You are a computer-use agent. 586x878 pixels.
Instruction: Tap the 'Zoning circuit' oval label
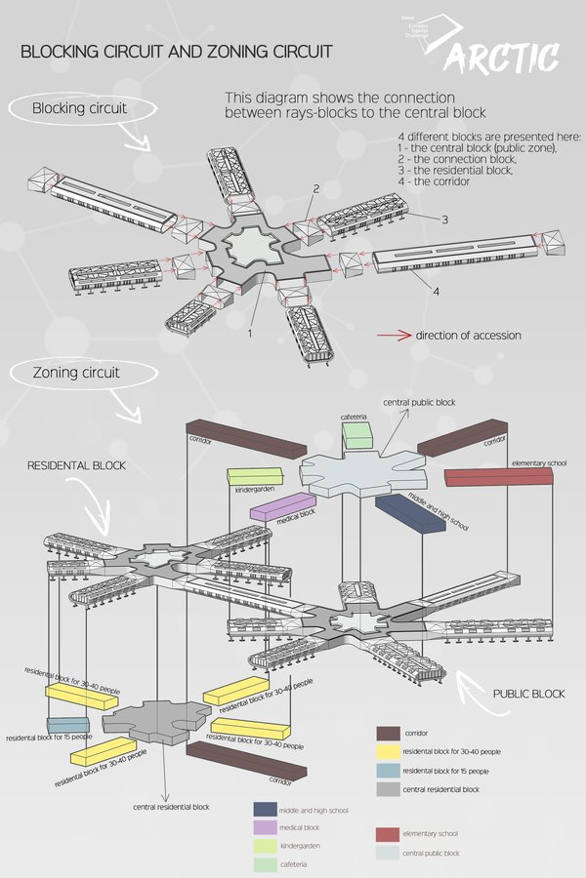[76, 373]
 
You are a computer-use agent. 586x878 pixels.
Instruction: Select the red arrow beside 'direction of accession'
[393, 336]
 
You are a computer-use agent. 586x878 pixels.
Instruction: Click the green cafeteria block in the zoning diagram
[358, 436]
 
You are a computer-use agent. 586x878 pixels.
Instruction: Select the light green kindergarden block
[253, 476]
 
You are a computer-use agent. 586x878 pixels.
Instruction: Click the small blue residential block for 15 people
[66, 725]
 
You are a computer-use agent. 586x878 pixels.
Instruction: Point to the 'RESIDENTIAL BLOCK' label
[77, 466]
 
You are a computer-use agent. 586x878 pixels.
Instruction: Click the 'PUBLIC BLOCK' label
[528, 694]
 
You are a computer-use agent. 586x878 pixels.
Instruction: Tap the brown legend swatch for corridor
[386, 733]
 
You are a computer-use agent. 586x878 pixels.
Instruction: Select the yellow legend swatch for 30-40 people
[386, 751]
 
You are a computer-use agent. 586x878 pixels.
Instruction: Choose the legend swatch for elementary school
[386, 834]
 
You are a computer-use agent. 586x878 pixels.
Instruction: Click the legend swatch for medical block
[264, 827]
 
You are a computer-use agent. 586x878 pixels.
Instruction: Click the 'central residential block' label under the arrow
[171, 807]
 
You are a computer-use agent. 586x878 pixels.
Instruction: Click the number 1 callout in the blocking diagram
[250, 333]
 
